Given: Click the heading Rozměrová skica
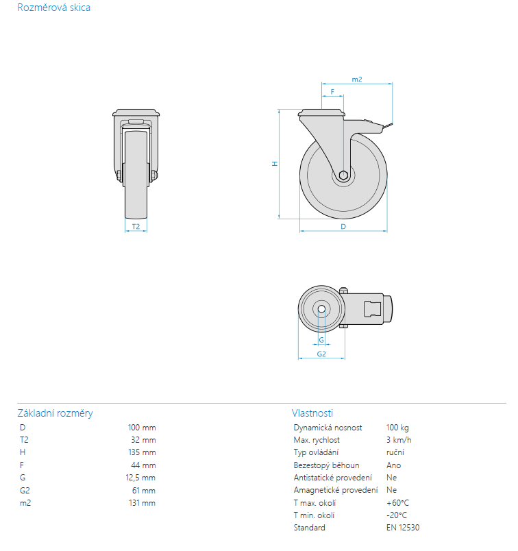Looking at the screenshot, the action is click(53, 8).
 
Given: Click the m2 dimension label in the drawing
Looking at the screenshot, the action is click(357, 79).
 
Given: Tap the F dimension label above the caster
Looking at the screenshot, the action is click(332, 92).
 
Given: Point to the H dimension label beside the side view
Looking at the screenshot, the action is click(275, 164).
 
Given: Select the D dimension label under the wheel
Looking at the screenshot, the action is click(343, 227).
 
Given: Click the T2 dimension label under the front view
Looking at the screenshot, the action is click(136, 227).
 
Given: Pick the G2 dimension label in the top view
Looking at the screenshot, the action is click(321, 354).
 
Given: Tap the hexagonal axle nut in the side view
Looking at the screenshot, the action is click(343, 175).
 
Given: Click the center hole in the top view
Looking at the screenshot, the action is click(321, 309).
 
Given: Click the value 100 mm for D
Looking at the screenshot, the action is click(142, 428).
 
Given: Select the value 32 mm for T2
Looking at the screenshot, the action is click(143, 440).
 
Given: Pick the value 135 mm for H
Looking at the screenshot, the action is click(142, 452).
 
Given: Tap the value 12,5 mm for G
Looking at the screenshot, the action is click(140, 478).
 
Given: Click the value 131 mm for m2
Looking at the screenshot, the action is click(143, 503).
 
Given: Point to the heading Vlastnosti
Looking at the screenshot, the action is click(312, 413).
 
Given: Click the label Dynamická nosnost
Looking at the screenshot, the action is click(328, 428).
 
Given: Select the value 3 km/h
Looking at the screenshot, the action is click(399, 440).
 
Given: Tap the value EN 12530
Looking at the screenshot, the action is click(403, 528).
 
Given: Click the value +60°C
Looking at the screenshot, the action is click(398, 503).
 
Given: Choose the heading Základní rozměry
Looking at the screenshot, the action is click(56, 413).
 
